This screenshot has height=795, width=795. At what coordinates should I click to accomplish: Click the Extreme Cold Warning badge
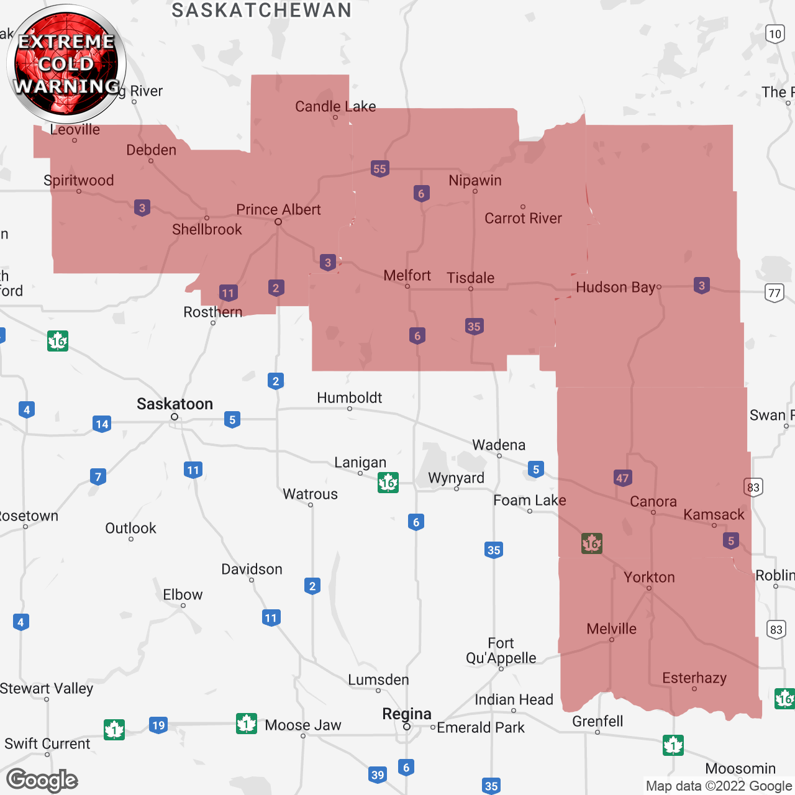click(x=66, y=63)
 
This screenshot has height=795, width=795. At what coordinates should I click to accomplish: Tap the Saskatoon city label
click(x=175, y=404)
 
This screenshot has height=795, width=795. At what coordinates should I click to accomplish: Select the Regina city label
click(x=407, y=714)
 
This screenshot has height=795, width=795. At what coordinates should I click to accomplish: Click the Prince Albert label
click(x=278, y=210)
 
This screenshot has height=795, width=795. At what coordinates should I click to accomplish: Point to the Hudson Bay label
click(x=616, y=288)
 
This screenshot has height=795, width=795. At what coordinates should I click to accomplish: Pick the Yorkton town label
click(x=649, y=578)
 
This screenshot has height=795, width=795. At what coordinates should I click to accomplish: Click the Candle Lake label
click(x=335, y=107)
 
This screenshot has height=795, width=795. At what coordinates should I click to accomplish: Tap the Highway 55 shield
click(x=380, y=169)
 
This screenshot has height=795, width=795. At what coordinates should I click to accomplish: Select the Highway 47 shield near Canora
click(x=623, y=478)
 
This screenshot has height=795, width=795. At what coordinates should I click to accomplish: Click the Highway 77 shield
click(x=774, y=293)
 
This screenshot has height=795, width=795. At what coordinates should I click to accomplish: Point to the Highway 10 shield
click(x=775, y=34)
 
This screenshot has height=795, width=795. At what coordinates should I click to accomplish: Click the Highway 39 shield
click(x=378, y=775)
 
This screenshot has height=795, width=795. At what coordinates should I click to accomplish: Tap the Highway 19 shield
click(x=158, y=725)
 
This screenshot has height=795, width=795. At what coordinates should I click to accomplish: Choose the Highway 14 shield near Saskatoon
click(x=102, y=424)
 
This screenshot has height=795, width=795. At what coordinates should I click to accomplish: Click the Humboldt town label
click(x=349, y=398)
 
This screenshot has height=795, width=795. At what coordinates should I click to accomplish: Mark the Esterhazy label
click(x=694, y=678)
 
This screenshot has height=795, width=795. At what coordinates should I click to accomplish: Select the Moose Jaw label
click(x=303, y=725)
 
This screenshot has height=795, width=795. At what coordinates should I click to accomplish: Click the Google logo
click(x=42, y=780)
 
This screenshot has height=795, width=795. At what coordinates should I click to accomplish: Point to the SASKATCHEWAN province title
click(x=261, y=11)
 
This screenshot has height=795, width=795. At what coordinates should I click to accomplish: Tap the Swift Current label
click(x=47, y=744)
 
